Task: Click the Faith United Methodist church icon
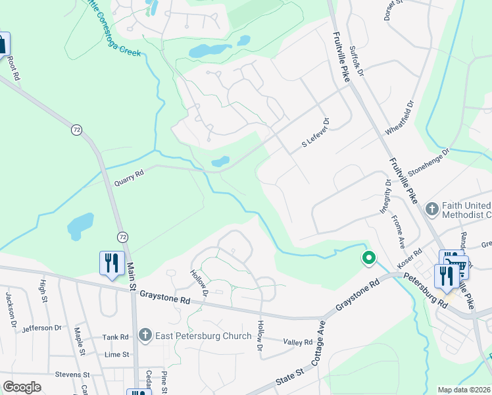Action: (432, 209)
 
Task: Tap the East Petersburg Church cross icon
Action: (145, 336)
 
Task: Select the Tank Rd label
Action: (115, 337)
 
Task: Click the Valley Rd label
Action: (298, 342)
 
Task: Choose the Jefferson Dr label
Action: (41, 327)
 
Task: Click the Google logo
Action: (22, 387)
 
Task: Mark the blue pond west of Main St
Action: (79, 226)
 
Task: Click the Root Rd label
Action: (13, 68)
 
